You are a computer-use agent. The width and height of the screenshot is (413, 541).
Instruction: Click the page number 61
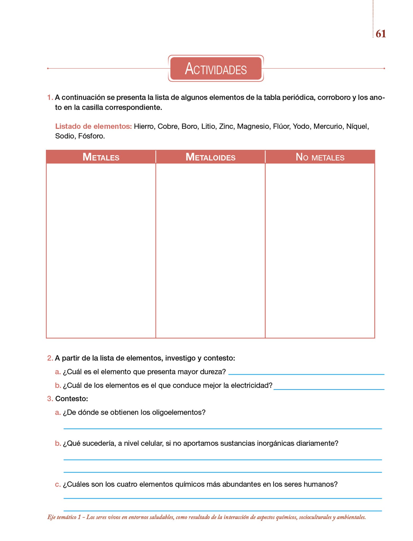coord(381,34)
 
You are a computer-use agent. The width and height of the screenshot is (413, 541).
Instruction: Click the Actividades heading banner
coord(216,68)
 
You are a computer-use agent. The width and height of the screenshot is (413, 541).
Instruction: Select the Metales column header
coord(101,157)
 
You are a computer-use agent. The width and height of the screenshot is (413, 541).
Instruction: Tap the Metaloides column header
coord(210,157)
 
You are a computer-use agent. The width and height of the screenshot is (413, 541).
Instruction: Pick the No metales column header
coord(320,157)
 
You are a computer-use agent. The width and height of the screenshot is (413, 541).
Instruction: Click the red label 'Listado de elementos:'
coord(93,127)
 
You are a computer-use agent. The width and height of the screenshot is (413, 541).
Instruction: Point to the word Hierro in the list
coord(144,127)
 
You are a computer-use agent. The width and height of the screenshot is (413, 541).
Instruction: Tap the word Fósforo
coord(91,136)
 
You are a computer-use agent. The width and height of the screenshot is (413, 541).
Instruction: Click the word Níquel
coord(357,127)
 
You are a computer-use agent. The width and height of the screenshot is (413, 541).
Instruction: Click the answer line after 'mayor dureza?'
coord(306,374)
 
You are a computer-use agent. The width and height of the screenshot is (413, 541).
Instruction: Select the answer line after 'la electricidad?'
coord(329,389)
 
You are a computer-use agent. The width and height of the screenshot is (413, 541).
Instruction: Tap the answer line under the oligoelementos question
coord(223,428)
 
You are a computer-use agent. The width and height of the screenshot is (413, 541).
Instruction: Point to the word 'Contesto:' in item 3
coord(72,399)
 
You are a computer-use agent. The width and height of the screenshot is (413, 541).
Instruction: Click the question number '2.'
coord(50,358)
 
